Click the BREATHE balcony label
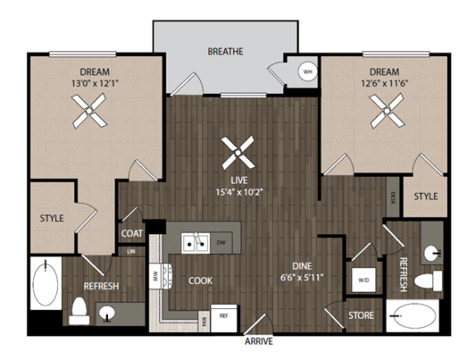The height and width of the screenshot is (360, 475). (x=225, y=51)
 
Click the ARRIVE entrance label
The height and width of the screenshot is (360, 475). (x=258, y=340)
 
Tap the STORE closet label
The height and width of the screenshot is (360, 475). (x=361, y=316)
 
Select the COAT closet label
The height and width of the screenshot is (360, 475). (x=132, y=234)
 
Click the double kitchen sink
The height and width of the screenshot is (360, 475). (x=195, y=244)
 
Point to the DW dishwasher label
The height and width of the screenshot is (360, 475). (x=219, y=244)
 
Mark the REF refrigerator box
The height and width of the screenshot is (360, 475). (x=223, y=316)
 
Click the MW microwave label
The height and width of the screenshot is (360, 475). (x=153, y=276)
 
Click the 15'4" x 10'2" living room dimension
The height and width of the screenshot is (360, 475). (x=239, y=194)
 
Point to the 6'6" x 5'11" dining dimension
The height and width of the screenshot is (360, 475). (x=307, y=278)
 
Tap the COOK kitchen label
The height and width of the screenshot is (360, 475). (x=200, y=280)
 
